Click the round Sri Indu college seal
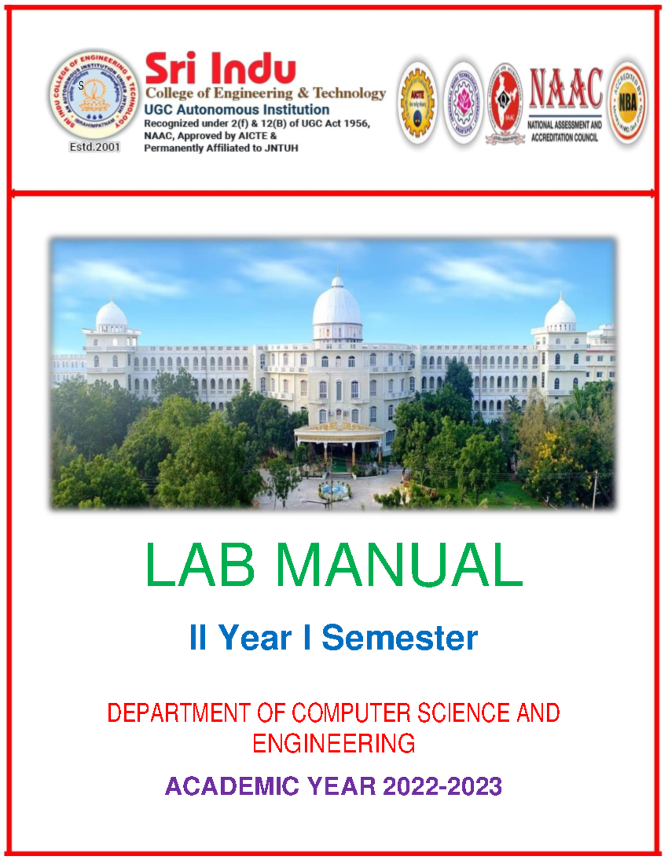click(x=94, y=95)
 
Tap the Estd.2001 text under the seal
click(x=95, y=147)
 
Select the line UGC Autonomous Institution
click(x=237, y=110)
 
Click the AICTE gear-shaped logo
click(x=417, y=103)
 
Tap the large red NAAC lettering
click(x=566, y=88)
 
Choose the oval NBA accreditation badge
click(x=627, y=103)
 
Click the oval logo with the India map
click(x=504, y=103)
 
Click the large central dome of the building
click(x=337, y=306)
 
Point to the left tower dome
click(x=111, y=314)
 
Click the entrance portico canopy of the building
click(x=339, y=431)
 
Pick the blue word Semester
click(x=399, y=638)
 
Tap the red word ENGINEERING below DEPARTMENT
click(x=333, y=744)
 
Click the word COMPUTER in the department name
click(x=352, y=713)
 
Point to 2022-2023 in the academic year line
click(x=442, y=787)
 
